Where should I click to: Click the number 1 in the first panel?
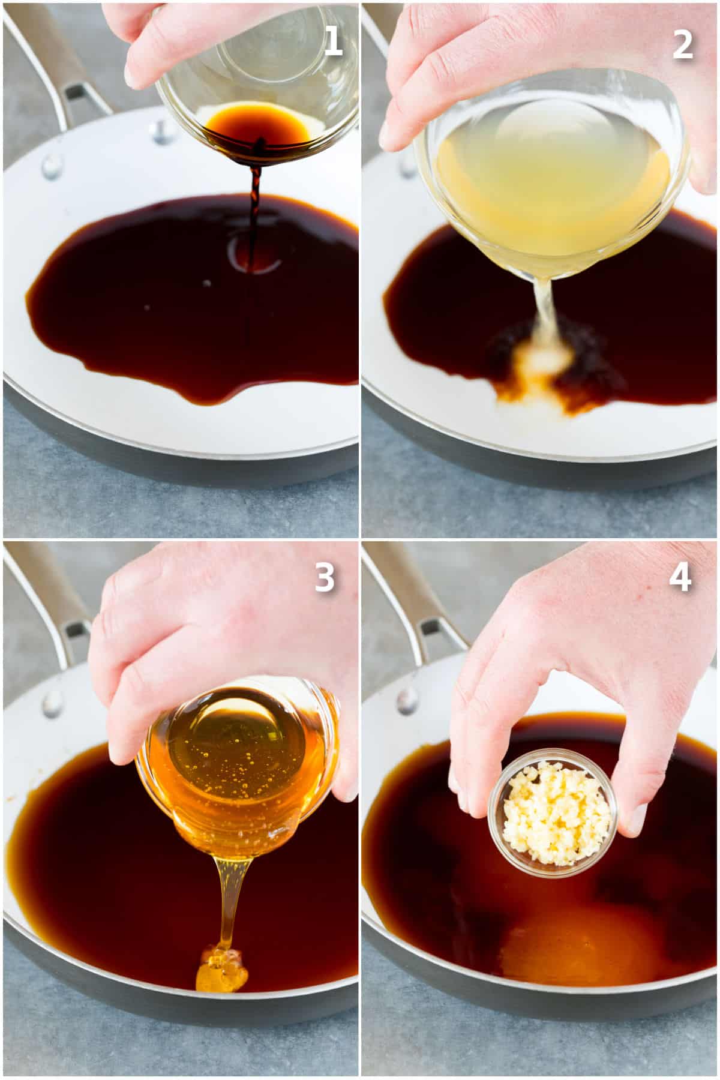point(332,43)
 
